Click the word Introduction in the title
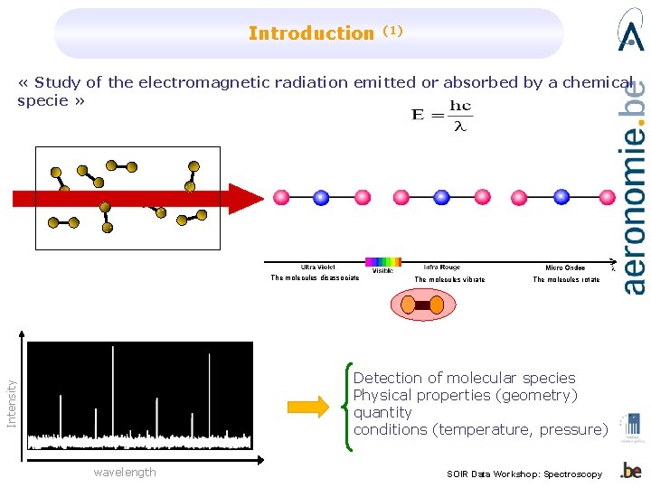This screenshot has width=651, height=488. point(310,34)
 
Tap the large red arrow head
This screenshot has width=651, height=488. point(243,198)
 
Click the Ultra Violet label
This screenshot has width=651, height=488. point(318,267)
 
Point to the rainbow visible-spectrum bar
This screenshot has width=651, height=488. point(382,262)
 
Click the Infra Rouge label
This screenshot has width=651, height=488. point(442,267)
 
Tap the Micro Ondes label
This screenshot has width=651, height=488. point(566,267)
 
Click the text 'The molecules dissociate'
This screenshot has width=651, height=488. point(315,278)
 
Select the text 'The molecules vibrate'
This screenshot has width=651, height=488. point(449,280)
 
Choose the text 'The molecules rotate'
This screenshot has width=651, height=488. point(566,280)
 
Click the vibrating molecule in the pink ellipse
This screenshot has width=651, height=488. point(422,305)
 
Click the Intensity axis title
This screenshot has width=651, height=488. point(12,403)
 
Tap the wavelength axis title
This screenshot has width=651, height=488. point(125,472)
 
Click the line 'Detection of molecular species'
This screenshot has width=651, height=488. point(464,378)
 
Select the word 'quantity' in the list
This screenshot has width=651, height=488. point(382,412)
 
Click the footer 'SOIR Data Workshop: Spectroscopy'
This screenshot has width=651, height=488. point(524,474)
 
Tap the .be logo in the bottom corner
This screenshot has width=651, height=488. point(631,471)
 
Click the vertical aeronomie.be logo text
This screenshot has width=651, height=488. point(635,185)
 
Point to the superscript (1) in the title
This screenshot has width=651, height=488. point(392,30)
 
